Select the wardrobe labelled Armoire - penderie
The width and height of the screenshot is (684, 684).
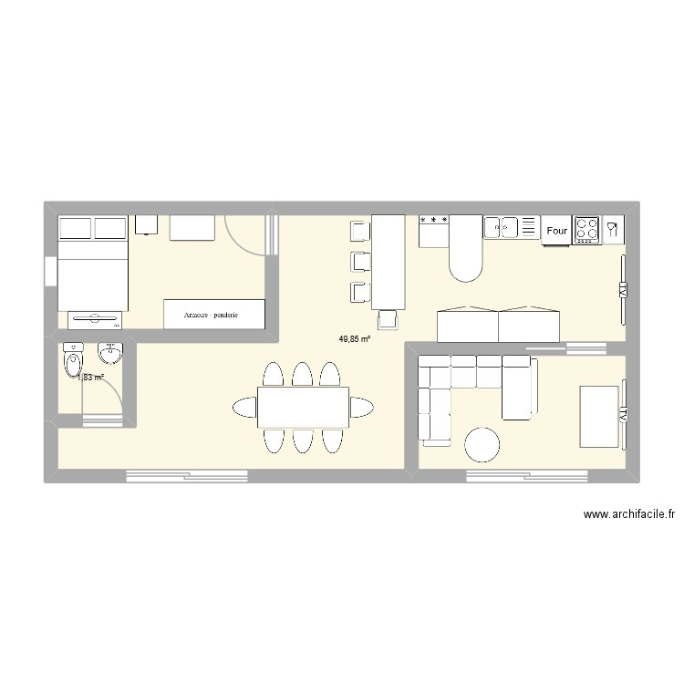click(x=214, y=314)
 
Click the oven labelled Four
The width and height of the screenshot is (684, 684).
click(x=556, y=231)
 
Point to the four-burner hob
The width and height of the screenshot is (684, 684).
click(x=586, y=230)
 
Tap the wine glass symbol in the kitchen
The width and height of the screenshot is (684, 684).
click(x=613, y=230)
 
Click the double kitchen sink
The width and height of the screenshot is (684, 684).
click(x=501, y=227)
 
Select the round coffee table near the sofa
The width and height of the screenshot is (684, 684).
click(x=482, y=445)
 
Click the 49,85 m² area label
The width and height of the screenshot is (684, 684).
click(x=355, y=338)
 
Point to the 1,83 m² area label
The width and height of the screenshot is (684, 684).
click(x=91, y=377)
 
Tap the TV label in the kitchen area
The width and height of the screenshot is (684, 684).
click(x=623, y=289)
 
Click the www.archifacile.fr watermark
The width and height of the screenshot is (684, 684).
click(x=629, y=515)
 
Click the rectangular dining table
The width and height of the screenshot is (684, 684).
click(x=304, y=407)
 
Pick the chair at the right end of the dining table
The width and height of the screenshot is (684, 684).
click(x=361, y=407)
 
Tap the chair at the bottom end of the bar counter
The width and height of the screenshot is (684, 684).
click(x=389, y=319)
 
